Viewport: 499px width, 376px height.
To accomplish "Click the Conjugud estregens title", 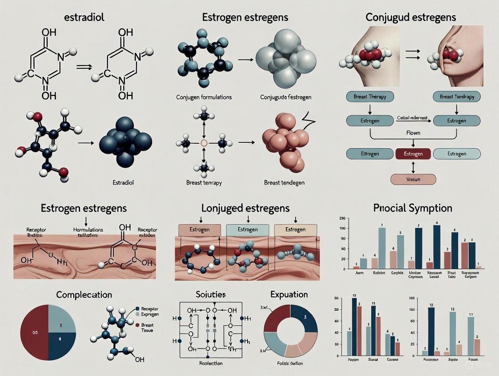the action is [410, 18].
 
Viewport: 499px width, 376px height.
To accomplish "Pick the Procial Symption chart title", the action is [413, 208].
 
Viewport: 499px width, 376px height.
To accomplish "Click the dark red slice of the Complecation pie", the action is [36, 332].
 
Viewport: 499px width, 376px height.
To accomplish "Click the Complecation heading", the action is [84, 295].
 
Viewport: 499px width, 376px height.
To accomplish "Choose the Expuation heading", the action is [289, 295].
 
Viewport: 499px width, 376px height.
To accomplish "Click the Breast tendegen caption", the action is [283, 183].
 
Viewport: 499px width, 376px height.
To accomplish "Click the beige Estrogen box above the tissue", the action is [289, 230].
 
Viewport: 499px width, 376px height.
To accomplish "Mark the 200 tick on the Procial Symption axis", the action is [342, 218].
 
